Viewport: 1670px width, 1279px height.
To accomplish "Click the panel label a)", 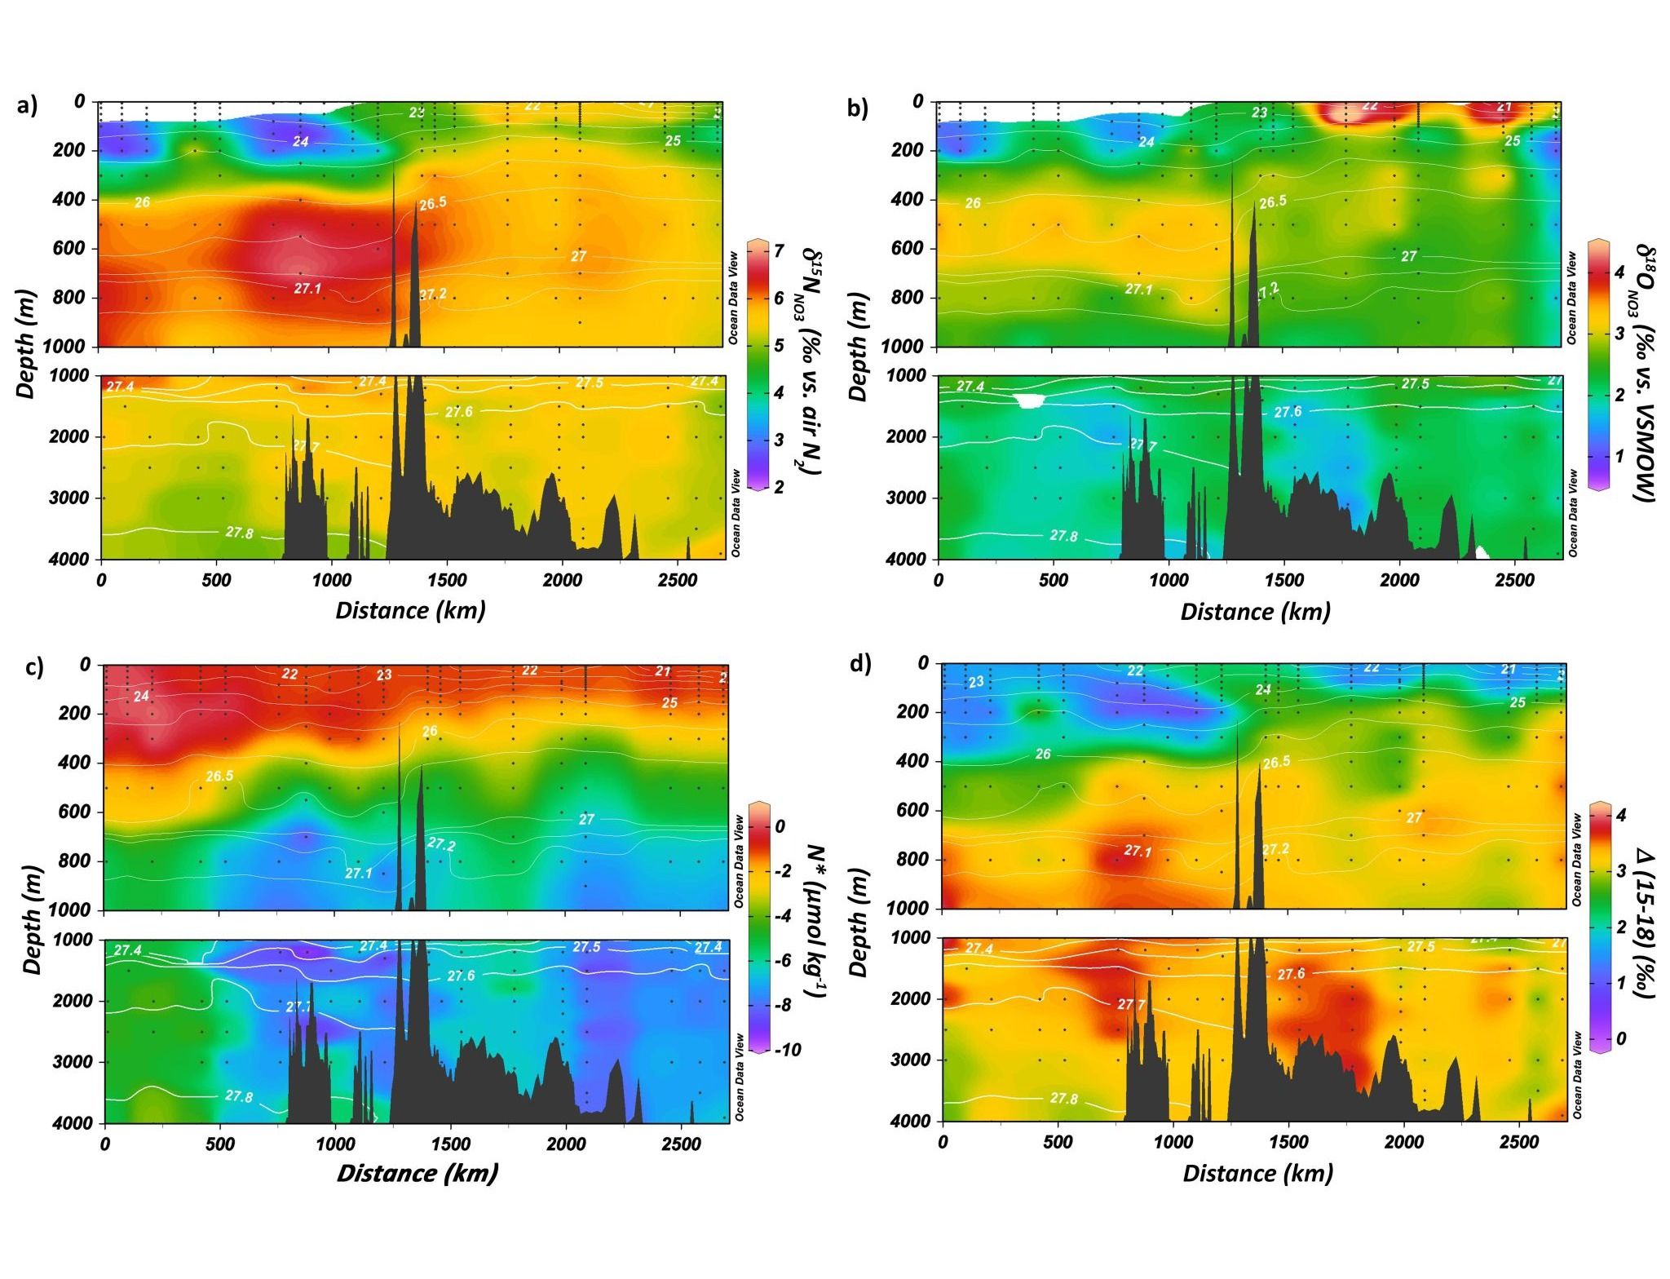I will pyautogui.click(x=27, y=106).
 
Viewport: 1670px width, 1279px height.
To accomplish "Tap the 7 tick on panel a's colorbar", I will pyautogui.click(x=780, y=250).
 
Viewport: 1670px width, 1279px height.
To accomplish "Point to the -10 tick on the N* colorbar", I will pyautogui.click(x=787, y=1050).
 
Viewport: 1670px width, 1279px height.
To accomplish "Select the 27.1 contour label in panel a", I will pyautogui.click(x=307, y=288).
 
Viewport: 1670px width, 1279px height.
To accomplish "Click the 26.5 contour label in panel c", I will pyautogui.click(x=219, y=776).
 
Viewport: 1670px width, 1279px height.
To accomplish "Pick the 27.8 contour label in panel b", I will pyautogui.click(x=1063, y=535).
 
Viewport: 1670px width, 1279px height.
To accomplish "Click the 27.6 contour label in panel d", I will pyautogui.click(x=1291, y=974).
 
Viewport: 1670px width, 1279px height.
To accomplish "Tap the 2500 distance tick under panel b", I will pyautogui.click(x=1514, y=580).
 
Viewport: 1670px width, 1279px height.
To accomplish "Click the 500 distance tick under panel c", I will pyautogui.click(x=220, y=1144).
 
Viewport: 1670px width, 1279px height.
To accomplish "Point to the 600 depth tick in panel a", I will pyautogui.click(x=68, y=249).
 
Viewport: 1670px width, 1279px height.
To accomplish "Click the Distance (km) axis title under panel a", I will pyautogui.click(x=410, y=610).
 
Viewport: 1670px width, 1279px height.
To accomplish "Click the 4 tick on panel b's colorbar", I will pyautogui.click(x=1619, y=272).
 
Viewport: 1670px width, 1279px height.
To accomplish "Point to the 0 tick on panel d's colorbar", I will pyautogui.click(x=1620, y=1038).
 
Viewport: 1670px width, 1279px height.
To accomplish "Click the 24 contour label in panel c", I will pyautogui.click(x=142, y=697).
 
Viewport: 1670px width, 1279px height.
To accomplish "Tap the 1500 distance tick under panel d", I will pyautogui.click(x=1289, y=1142).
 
